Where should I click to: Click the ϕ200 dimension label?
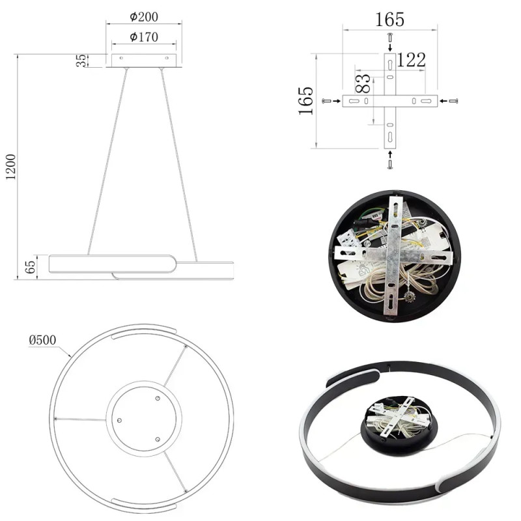pyautogui.click(x=144, y=17)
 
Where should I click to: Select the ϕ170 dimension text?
pyautogui.click(x=144, y=37)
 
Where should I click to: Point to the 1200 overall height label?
pyautogui.click(x=11, y=167)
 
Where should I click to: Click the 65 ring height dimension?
pyautogui.click(x=31, y=267)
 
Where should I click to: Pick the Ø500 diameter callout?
pyautogui.click(x=42, y=340)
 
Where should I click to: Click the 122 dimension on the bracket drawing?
pyautogui.click(x=412, y=60)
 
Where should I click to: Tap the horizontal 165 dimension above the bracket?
pyautogui.click(x=389, y=20)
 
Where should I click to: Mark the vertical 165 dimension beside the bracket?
pyautogui.click(x=306, y=101)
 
